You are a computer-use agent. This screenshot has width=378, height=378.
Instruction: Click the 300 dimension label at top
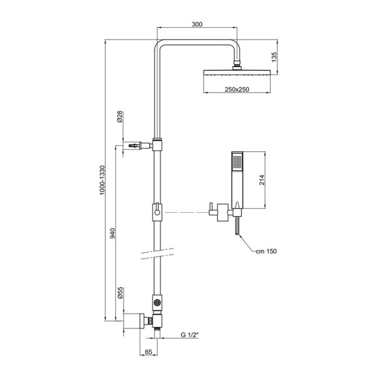coord(197,25)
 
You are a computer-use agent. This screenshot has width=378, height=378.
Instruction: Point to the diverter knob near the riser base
coord(156,302)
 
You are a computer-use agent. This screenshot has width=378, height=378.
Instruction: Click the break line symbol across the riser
coord(157,252)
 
